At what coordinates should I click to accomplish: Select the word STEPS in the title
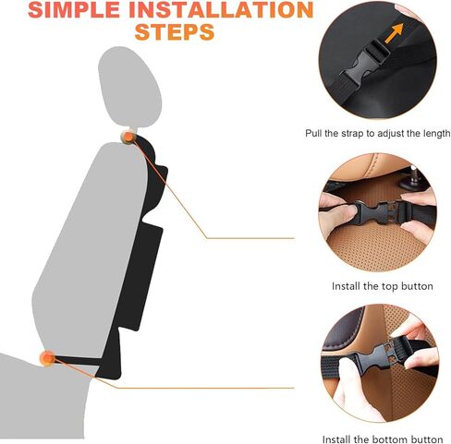point(175,33)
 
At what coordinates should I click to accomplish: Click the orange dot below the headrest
point(128,138)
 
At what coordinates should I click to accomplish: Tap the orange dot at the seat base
point(46,357)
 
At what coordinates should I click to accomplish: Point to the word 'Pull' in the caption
point(314,134)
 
